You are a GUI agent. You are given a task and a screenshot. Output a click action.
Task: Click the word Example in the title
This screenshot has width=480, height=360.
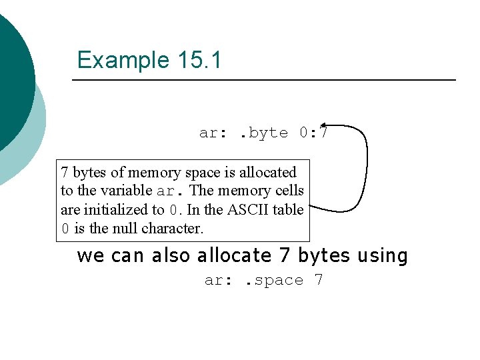[123, 61]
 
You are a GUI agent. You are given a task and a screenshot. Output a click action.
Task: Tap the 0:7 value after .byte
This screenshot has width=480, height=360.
[313, 133]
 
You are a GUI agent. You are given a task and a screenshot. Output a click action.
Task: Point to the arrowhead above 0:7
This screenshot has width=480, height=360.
[323, 125]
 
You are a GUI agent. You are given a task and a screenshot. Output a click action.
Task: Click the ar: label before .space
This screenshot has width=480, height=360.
[219, 280]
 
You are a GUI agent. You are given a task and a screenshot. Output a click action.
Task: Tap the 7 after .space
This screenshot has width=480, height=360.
[319, 280]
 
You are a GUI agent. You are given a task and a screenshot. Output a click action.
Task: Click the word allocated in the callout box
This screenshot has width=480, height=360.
[263, 172]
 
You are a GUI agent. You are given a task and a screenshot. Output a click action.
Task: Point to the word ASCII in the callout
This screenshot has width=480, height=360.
[248, 209]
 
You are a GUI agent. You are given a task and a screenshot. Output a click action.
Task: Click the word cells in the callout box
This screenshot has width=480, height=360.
[289, 191]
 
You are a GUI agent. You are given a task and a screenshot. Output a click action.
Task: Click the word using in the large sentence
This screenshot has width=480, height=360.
[382, 256]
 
